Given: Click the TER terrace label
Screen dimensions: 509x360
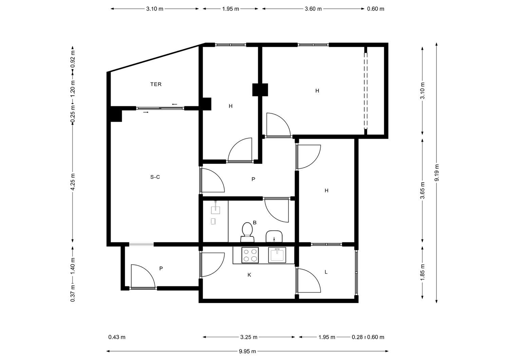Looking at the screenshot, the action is (156, 84).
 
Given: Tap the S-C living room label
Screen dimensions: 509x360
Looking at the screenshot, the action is (155, 177).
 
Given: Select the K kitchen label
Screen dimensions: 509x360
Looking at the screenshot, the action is (249, 275).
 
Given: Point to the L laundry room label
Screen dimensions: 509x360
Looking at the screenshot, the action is (326, 272).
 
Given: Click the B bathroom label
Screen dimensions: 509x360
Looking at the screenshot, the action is (255, 223).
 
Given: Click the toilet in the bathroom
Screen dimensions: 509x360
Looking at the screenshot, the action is (247, 232).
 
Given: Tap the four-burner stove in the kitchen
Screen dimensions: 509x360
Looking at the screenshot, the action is (250, 255).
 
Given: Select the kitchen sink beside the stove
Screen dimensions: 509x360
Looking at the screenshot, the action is (277, 255).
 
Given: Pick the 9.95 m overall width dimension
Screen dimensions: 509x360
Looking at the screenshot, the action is (247, 351).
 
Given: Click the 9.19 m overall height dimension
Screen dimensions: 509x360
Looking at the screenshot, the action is (436, 173).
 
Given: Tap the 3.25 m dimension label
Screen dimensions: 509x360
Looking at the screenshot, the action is (249, 337).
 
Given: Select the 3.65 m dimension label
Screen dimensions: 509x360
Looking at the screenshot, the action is (422, 190).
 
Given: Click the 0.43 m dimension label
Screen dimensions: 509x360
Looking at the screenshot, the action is (117, 337).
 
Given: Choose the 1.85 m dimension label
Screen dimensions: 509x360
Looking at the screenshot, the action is (422, 272).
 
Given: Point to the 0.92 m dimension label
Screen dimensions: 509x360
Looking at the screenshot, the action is (73, 59).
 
